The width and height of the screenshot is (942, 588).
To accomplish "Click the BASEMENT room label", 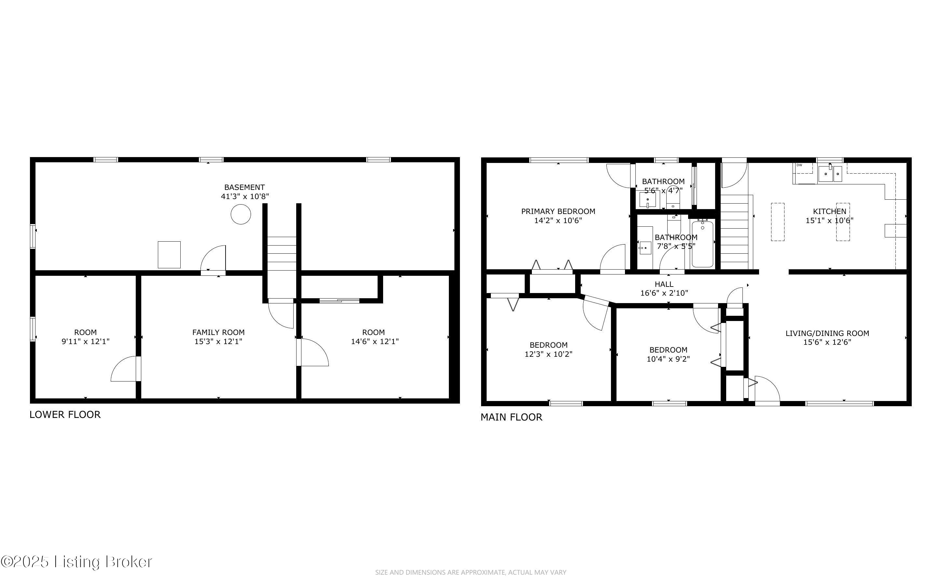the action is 244,187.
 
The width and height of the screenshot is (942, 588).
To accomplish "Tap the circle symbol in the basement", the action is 241,214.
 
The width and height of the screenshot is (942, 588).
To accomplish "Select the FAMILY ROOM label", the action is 218,332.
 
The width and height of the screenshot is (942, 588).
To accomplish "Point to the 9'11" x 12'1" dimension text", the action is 86,341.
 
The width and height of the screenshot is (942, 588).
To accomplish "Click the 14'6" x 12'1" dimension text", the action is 375,341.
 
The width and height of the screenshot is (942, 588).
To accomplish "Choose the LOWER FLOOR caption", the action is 65,415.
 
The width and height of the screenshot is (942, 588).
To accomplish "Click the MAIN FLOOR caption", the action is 511,417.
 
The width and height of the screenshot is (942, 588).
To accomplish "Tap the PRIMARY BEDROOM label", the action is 558,211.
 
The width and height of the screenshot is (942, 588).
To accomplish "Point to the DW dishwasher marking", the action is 799,165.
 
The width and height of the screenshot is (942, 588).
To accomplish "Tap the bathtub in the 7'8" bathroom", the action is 702,244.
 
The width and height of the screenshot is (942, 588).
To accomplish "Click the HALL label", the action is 664,284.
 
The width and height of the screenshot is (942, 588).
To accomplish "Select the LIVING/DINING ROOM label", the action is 827,333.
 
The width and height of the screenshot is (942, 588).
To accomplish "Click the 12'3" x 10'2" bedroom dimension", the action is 548,354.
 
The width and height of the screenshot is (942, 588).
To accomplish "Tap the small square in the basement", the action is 169,255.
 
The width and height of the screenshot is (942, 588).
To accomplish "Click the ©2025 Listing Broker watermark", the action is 76,562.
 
